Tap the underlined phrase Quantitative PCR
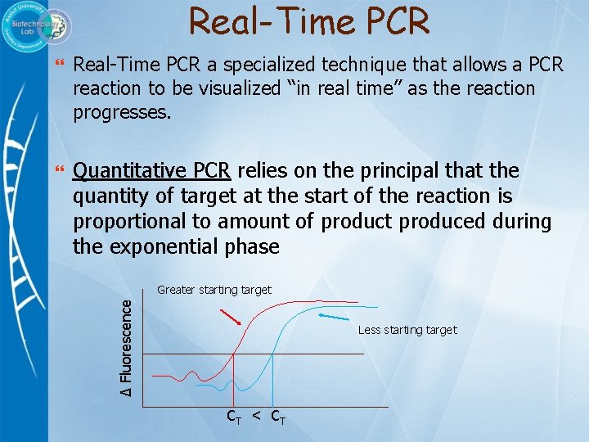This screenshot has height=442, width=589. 153,171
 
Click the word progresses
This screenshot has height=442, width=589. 123,112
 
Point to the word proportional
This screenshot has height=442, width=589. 124,221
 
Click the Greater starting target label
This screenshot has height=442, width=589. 214,290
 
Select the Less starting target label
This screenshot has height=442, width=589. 407,330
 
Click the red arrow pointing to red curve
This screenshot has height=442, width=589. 232,318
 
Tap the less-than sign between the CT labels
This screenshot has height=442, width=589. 256,416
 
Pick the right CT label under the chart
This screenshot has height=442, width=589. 277,417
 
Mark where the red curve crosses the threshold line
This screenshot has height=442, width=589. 235,354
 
